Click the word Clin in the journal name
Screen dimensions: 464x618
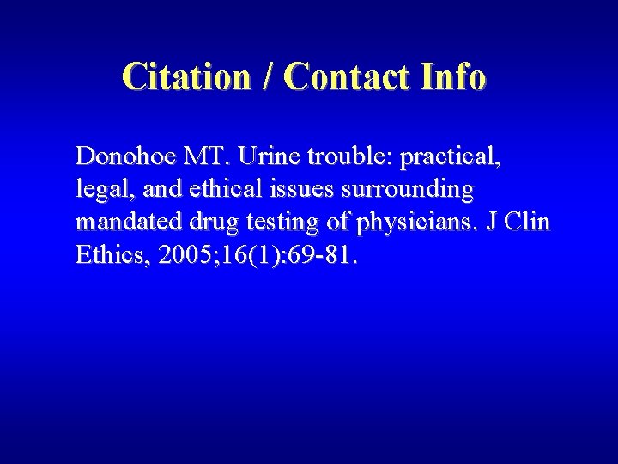[529, 222]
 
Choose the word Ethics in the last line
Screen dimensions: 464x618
[107, 255]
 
